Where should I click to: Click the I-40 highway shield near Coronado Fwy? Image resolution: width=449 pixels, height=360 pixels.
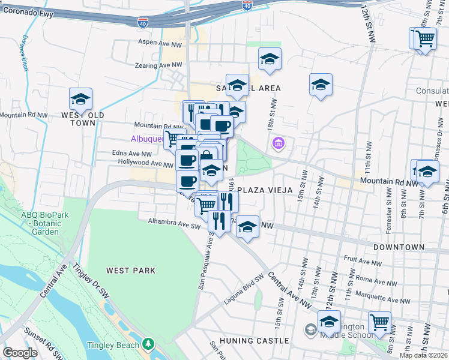(143, 23)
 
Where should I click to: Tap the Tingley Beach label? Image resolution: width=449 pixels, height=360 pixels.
(112, 345)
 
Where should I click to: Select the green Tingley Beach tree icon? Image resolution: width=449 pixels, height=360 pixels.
(147, 344)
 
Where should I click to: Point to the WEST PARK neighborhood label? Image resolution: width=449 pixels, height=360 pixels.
(131, 271)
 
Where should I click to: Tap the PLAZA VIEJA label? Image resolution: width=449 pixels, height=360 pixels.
(265, 190)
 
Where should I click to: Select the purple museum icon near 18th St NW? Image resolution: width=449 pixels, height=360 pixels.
(278, 143)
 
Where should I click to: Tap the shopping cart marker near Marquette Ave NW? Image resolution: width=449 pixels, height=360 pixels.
(379, 322)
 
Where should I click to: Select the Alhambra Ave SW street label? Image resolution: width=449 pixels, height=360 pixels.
(174, 222)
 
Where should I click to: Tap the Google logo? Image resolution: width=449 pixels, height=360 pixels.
(20, 353)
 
